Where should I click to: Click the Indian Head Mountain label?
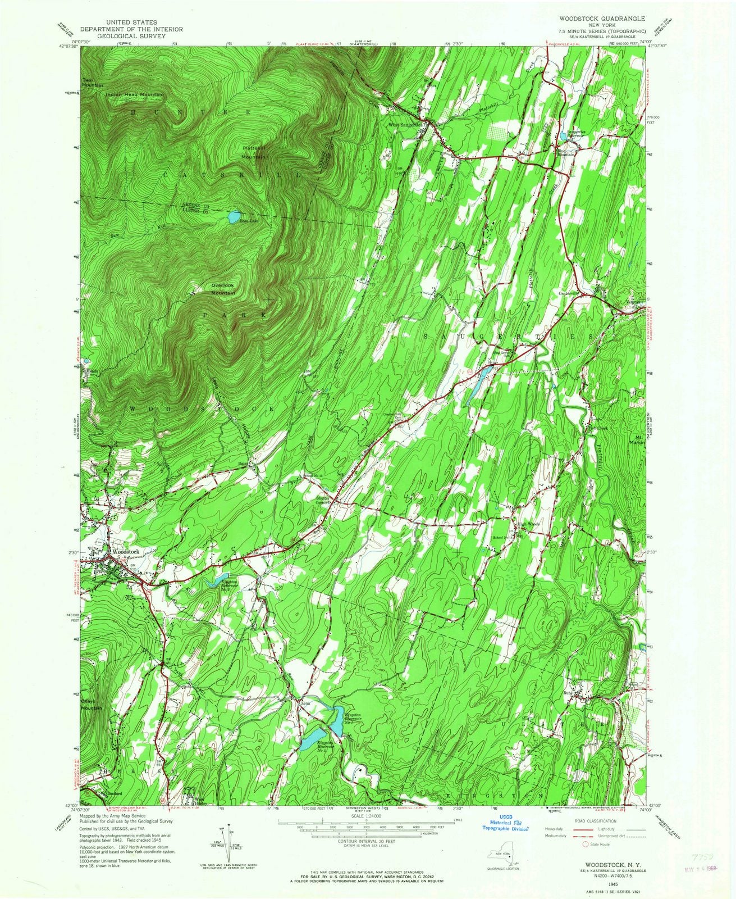tap(135, 94)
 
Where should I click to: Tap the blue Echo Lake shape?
tap(234, 216)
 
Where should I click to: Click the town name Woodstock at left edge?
tap(125, 552)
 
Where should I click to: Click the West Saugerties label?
tap(404, 125)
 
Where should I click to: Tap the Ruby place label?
tap(568, 693)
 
